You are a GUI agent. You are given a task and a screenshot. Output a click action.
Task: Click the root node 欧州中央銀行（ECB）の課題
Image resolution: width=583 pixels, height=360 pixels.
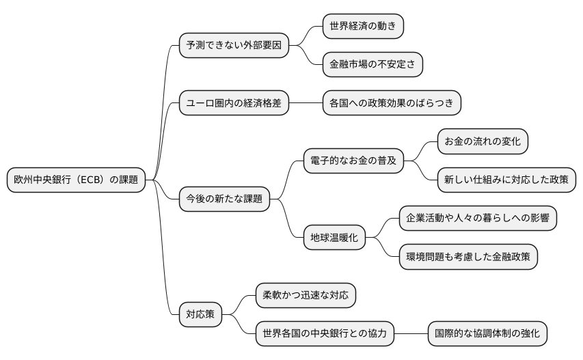[x=76, y=180]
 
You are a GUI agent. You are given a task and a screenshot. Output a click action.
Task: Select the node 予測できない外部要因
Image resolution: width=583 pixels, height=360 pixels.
[x=233, y=46]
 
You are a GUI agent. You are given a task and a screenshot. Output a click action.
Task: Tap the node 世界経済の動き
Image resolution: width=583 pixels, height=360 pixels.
[x=362, y=27]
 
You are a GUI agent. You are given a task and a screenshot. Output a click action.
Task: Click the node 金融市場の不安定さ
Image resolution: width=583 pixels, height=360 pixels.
[x=372, y=65]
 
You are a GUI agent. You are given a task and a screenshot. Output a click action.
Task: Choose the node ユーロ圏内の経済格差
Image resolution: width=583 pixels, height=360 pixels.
[x=233, y=103]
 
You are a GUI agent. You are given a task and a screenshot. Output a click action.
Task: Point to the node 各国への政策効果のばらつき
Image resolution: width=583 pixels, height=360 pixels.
[x=391, y=103]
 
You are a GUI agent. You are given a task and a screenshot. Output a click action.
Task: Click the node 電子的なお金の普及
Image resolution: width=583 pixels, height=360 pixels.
[x=353, y=161]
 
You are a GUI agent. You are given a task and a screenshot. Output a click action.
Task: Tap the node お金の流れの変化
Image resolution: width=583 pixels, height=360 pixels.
[x=483, y=142]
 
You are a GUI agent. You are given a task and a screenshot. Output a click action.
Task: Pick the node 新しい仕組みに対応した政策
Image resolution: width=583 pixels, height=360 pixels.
[x=506, y=180]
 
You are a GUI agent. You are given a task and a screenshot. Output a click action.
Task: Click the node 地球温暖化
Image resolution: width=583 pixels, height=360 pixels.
[x=334, y=238]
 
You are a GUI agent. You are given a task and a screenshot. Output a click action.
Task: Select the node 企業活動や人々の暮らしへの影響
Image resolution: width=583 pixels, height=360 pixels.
[x=478, y=219]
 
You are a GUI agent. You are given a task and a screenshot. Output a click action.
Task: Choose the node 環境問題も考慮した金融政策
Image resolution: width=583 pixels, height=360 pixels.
[x=468, y=257]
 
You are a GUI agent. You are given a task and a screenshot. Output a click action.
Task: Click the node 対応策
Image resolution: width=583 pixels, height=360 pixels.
[x=200, y=315]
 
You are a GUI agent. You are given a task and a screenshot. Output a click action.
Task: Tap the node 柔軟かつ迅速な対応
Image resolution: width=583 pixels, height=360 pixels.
[x=305, y=296]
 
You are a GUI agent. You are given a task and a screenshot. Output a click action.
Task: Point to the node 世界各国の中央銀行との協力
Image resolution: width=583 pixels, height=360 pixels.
[x=324, y=334]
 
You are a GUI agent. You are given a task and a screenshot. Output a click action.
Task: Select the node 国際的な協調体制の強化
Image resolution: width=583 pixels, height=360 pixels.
[x=487, y=334]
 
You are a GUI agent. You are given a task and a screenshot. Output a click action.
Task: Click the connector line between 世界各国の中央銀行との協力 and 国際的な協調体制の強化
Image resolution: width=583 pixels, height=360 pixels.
[x=411, y=334]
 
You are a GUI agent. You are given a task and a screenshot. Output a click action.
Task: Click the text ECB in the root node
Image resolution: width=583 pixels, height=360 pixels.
[x=91, y=180]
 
